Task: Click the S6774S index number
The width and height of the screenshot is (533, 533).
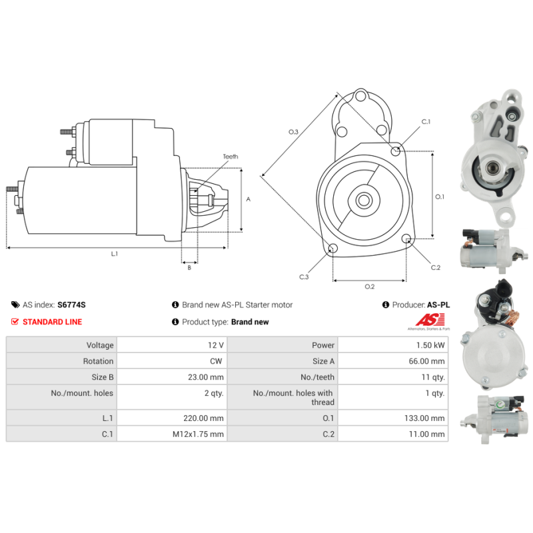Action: click(71, 304)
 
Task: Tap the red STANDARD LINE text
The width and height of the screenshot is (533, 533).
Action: click(52, 322)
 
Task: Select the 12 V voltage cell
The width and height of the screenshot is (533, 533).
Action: click(216, 346)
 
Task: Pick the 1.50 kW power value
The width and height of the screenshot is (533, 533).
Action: click(432, 346)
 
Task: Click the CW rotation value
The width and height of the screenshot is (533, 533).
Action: click(216, 361)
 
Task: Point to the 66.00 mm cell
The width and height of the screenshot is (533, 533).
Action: click(427, 361)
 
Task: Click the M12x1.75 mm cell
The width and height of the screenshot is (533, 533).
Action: click(199, 434)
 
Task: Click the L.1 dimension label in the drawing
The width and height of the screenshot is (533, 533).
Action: click(114, 254)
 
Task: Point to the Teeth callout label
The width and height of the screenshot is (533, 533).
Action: click(230, 157)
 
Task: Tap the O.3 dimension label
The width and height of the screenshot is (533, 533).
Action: click(293, 132)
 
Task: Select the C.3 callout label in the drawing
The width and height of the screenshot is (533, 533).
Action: click(304, 276)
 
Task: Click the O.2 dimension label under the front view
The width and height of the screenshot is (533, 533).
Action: click(370, 286)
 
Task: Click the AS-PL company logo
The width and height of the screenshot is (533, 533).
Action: click(428, 323)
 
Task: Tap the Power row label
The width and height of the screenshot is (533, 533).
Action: click(323, 346)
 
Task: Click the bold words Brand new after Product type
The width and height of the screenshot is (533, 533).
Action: click(250, 322)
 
